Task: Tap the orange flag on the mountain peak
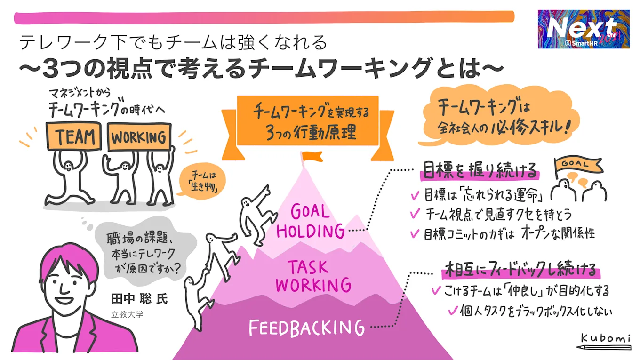pos(310,156)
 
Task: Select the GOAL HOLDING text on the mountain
pos(310,221)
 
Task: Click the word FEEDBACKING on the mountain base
pos(306,328)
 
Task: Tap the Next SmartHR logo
pos(584,29)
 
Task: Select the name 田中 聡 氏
pos(139,298)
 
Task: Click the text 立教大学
pos(127,314)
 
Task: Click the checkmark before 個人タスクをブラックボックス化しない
pos(453,310)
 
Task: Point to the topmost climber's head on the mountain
pos(245,203)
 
